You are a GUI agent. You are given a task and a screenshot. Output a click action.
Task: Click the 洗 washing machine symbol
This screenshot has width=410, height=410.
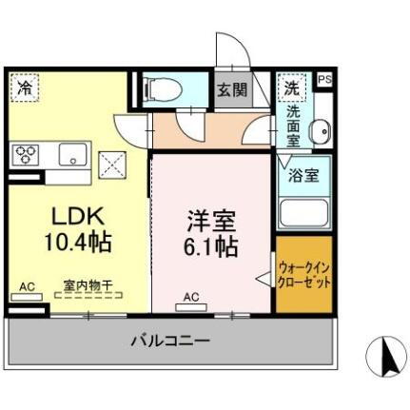pos(290,87)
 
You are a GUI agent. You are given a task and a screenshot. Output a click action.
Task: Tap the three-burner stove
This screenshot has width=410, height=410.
pos(26,154)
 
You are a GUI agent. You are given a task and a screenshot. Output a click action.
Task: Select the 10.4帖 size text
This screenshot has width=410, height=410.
pos(76,242)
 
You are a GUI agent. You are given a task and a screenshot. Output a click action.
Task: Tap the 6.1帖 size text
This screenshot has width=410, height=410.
pos(211,248)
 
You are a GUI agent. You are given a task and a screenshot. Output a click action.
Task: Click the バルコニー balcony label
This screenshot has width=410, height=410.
pos(171,340)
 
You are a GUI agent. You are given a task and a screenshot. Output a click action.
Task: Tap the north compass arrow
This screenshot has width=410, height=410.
pos(386,359)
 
